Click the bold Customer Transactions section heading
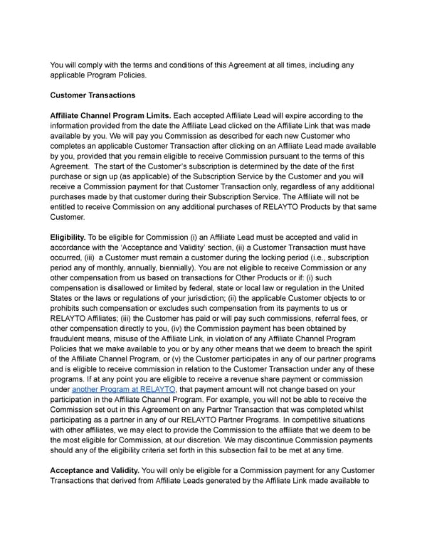point(94,95)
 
